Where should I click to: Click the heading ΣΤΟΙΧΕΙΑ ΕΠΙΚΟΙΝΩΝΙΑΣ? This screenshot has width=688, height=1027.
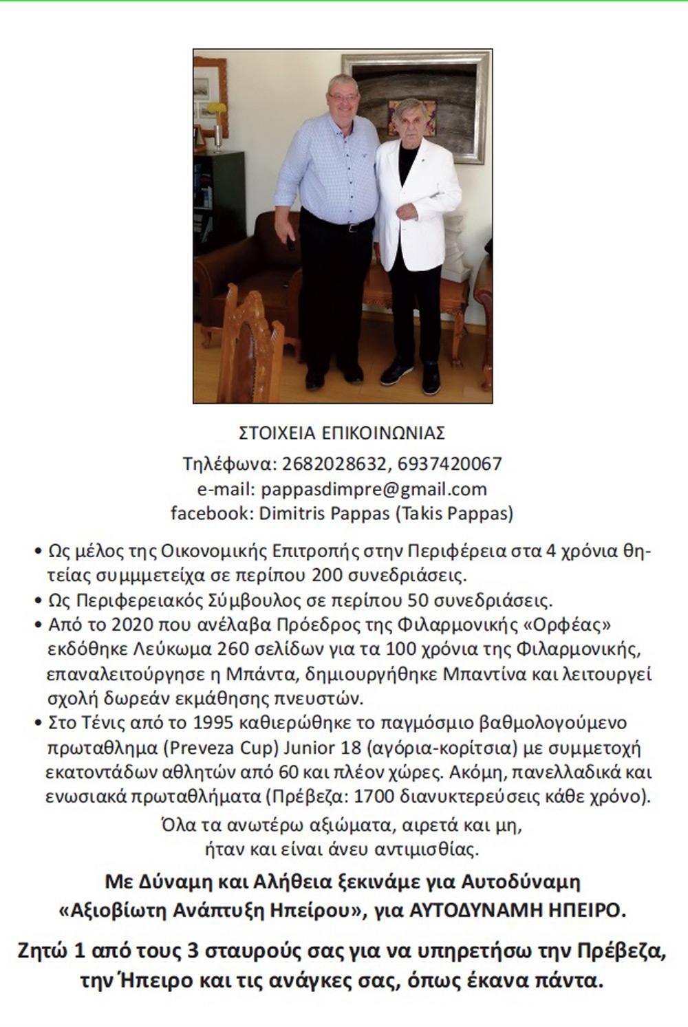(x=342, y=433)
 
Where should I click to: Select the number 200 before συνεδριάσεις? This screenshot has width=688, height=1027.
(x=326, y=574)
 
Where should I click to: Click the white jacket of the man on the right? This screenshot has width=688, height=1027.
(x=420, y=199)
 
